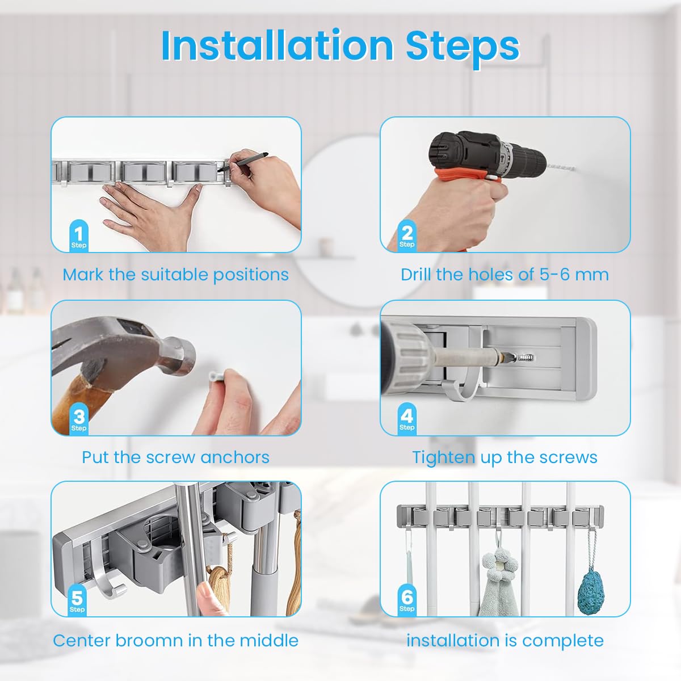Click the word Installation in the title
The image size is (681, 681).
[x=277, y=45]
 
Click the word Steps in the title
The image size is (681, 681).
[x=463, y=45]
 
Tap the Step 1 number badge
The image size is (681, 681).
[x=79, y=236]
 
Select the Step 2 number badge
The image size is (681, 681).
[x=407, y=235]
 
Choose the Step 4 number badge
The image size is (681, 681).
[x=407, y=418]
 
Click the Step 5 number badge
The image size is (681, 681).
[x=77, y=600]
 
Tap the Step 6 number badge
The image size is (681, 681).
[x=407, y=600]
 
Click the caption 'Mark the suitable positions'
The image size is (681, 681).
[x=175, y=275]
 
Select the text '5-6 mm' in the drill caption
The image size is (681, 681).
[x=574, y=275]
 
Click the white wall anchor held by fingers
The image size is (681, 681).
[x=215, y=376]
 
